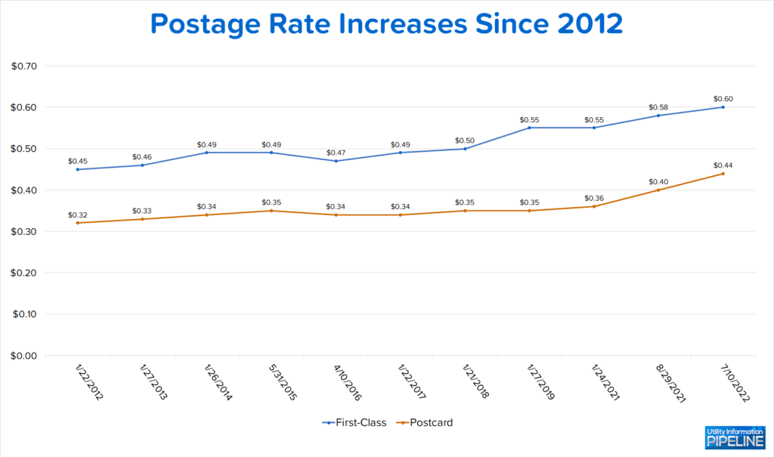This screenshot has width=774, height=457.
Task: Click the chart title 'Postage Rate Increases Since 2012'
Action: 386,25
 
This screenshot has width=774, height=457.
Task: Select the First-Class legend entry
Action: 354,422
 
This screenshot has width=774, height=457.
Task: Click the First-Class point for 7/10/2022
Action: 723,107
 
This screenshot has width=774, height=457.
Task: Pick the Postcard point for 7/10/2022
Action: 723,174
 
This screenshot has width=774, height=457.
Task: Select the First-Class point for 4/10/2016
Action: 336,161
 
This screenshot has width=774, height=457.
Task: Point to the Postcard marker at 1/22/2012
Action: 78,223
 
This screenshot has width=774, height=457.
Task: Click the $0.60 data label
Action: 723,99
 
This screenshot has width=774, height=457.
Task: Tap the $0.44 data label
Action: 723,165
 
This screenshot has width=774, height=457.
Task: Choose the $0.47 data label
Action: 336,153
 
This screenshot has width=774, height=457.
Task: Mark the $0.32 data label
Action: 78,215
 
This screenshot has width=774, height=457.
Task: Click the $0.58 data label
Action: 658,107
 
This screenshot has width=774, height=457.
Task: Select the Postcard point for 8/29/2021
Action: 658,190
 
